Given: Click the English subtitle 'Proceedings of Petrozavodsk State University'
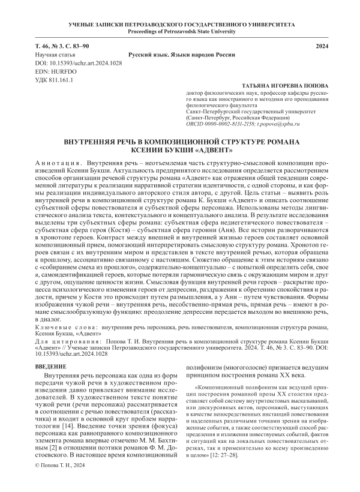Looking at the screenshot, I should [x=180, y=31].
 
